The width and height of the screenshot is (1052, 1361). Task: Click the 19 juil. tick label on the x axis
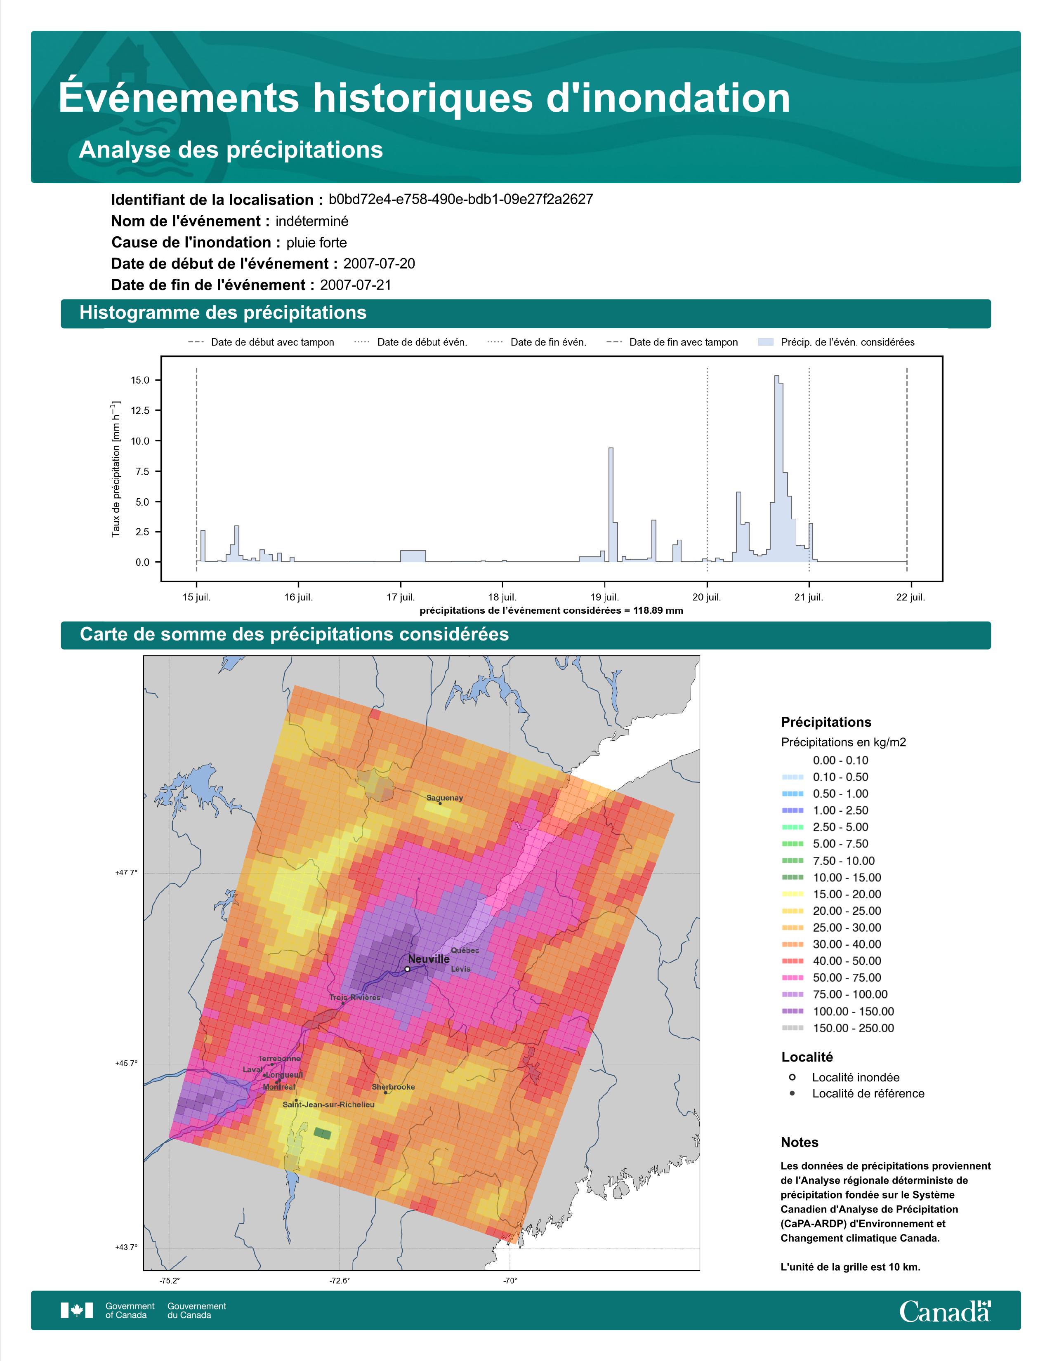tap(604, 597)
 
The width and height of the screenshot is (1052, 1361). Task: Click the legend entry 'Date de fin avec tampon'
tap(683, 342)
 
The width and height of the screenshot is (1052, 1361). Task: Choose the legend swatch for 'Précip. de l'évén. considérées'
tap(766, 342)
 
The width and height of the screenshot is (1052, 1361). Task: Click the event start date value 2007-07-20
tap(379, 264)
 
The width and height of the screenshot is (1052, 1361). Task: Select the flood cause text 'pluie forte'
tap(316, 243)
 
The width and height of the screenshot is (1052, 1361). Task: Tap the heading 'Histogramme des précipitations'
tap(223, 313)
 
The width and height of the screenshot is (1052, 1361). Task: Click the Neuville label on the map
tap(429, 959)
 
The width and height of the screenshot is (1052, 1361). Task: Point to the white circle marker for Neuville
tap(407, 969)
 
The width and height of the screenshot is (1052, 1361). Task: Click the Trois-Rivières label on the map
tap(355, 998)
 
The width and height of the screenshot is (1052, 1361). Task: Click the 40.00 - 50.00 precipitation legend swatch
tap(792, 961)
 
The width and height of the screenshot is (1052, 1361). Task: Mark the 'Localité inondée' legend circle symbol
tap(792, 1077)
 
